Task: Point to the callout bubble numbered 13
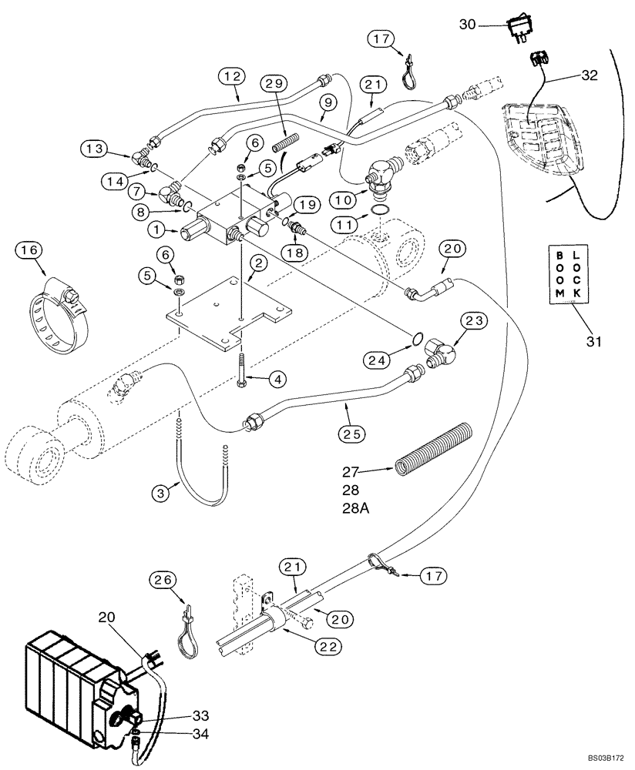pos(98,148)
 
